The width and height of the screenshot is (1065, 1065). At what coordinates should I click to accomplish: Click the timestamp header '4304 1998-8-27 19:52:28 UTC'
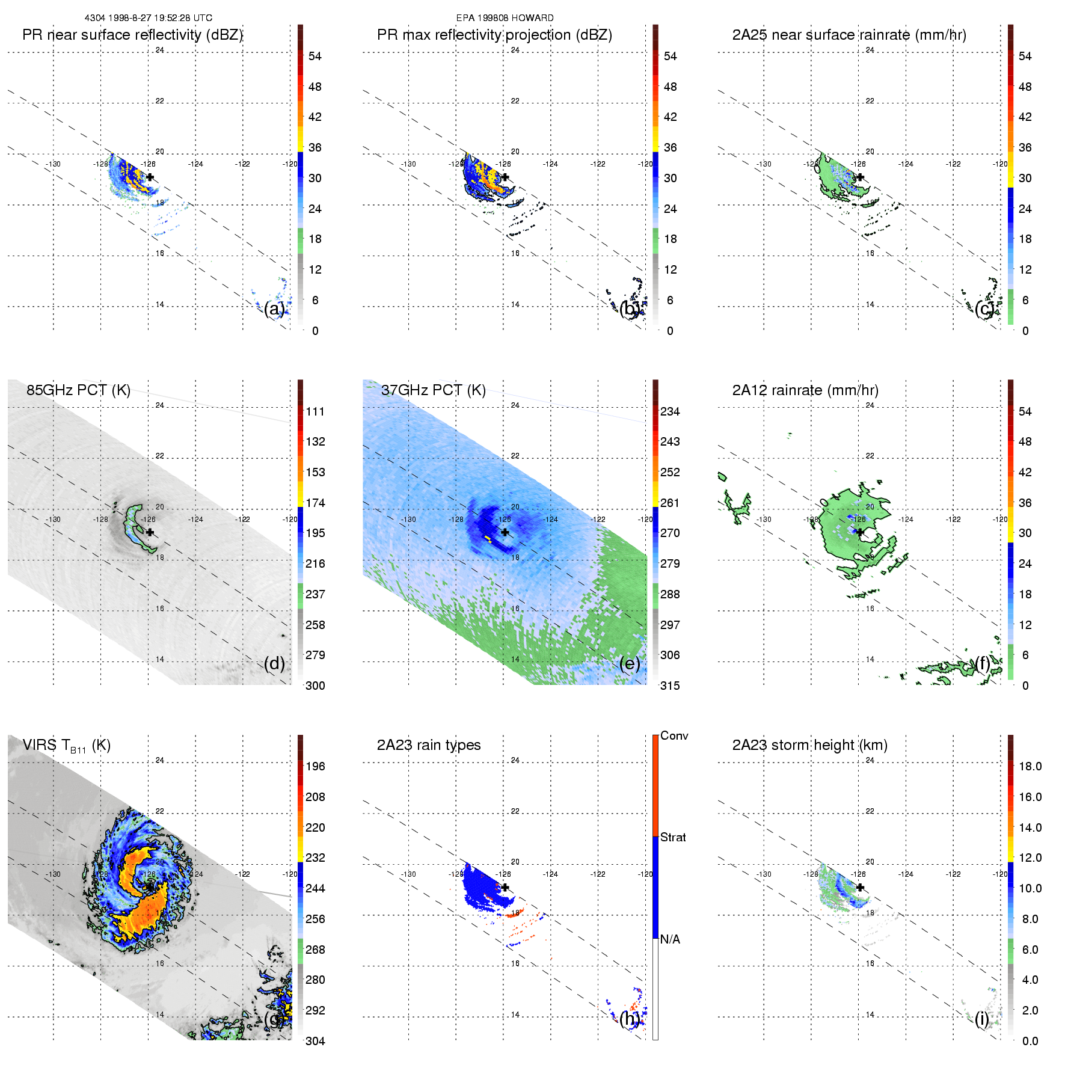click(148, 18)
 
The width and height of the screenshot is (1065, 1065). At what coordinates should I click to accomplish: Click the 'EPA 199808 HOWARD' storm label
click(505, 18)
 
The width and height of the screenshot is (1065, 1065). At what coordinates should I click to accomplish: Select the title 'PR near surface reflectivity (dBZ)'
click(132, 35)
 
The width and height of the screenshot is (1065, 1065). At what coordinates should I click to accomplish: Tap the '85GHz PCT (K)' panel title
click(78, 390)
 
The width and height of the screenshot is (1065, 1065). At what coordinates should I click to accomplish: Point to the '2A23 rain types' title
click(428, 745)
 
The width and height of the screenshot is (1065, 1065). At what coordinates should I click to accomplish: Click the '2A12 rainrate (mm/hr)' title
click(805, 390)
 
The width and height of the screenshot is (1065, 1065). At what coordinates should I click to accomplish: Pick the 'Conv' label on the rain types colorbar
click(674, 735)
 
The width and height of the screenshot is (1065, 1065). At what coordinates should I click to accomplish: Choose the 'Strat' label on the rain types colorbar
click(672, 837)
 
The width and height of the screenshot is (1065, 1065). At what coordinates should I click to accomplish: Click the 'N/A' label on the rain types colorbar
click(670, 939)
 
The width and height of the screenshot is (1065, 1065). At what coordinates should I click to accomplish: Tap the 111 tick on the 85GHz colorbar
click(315, 411)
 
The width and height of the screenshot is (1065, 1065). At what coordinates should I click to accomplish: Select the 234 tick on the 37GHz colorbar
click(670, 411)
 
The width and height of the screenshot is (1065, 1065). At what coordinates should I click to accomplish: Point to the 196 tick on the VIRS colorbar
click(315, 766)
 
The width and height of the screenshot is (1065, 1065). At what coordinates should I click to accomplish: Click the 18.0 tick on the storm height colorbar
click(1030, 766)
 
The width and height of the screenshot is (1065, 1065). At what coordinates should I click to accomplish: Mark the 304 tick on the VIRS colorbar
click(315, 1041)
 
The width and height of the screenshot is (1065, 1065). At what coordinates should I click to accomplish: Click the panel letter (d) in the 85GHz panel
click(274, 663)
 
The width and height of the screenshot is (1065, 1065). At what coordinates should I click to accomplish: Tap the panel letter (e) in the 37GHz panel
click(629, 663)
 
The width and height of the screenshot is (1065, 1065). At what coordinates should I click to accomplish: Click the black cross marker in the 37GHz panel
click(505, 532)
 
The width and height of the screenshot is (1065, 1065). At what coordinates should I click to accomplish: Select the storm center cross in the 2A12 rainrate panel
click(860, 532)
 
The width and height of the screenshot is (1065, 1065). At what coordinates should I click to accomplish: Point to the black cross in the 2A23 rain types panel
click(505, 887)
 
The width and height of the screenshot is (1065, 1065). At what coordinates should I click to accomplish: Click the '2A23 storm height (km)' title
click(809, 745)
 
